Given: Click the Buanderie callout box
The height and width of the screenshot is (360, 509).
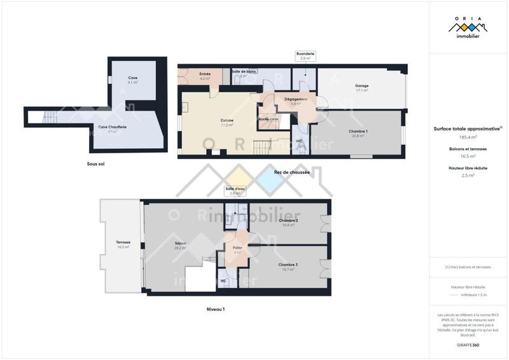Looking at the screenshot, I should coord(304,56).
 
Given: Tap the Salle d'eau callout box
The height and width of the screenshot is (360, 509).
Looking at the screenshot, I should coord(234,190).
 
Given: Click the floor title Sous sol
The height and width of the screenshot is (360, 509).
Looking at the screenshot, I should coord(96,163).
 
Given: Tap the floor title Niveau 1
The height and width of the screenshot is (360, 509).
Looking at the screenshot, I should coord(216,309).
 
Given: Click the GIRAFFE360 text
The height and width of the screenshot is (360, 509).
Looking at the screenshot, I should coord(468,343).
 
